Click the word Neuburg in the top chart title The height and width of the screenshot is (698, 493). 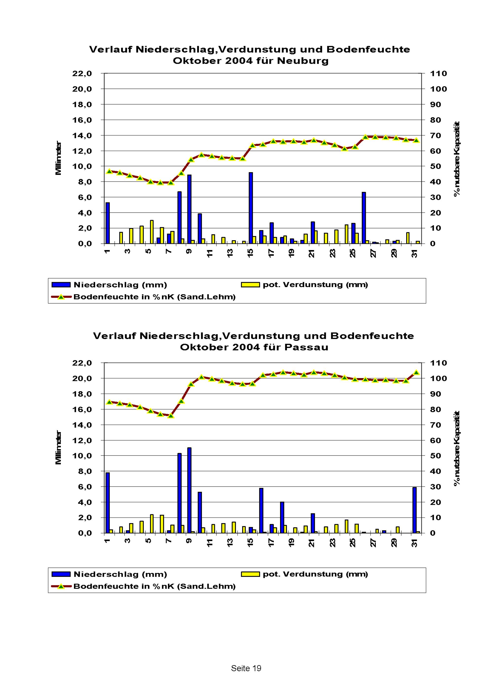pyautogui.click(x=302, y=61)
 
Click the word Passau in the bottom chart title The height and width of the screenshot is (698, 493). pyautogui.click(x=306, y=347)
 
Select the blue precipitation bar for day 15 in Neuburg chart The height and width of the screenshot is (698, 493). pyautogui.click(x=251, y=208)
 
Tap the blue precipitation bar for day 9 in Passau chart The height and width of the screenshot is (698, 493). pyautogui.click(x=189, y=490)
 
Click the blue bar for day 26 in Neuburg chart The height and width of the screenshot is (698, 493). pyautogui.click(x=364, y=218)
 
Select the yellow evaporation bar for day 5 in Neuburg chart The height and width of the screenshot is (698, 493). pyautogui.click(x=152, y=232)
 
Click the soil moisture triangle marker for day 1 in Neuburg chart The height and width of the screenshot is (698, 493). pyautogui.click(x=110, y=171)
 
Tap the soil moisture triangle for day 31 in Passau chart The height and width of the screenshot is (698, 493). pyautogui.click(x=416, y=372)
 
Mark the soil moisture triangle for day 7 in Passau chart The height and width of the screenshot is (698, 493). pyautogui.click(x=171, y=415)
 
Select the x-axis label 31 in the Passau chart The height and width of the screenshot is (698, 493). pyautogui.click(x=415, y=543)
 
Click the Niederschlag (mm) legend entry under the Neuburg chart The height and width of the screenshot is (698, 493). pyautogui.click(x=120, y=285)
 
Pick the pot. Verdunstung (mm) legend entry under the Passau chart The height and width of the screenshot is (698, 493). pyautogui.click(x=315, y=574)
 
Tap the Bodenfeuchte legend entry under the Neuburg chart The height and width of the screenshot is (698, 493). pyautogui.click(x=154, y=297)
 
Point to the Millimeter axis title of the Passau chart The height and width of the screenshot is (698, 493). pyautogui.click(x=58, y=447)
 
